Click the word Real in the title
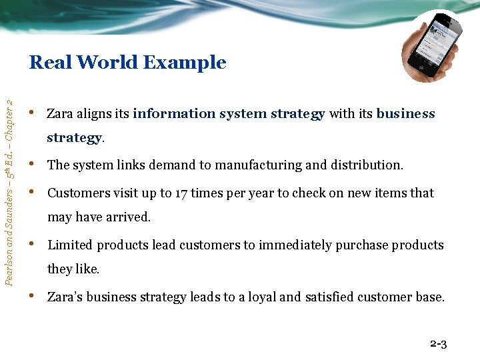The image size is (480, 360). click(x=50, y=63)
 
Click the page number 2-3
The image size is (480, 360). click(x=438, y=344)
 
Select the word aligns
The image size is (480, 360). click(x=93, y=114)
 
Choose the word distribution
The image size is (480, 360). click(x=367, y=165)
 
